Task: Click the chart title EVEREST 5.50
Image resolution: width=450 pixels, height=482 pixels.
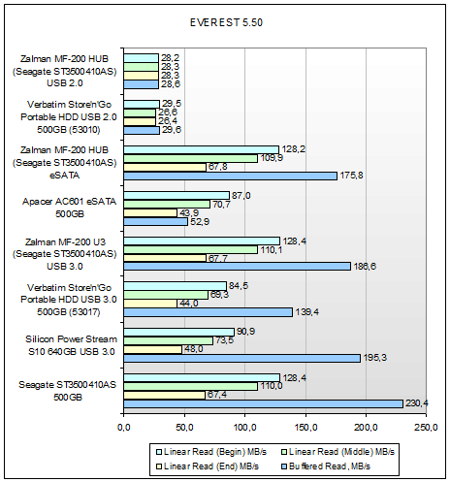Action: click(x=226, y=22)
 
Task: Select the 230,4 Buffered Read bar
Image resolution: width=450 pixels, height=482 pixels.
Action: click(x=263, y=403)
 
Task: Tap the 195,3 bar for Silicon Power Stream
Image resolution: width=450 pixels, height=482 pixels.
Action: click(x=241, y=358)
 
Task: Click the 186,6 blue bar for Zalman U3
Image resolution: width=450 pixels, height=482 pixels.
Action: click(x=237, y=267)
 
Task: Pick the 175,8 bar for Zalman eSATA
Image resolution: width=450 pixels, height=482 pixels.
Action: click(x=230, y=176)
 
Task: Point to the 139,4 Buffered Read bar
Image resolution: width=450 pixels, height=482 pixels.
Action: click(x=208, y=312)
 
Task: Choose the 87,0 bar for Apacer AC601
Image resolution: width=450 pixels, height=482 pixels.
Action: click(x=177, y=196)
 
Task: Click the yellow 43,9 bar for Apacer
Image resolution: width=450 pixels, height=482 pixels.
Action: click(x=150, y=213)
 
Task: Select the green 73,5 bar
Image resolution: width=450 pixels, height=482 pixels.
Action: click(x=168, y=340)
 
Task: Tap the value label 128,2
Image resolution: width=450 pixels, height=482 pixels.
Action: click(x=294, y=149)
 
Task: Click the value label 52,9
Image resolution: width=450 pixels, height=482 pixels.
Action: click(x=200, y=222)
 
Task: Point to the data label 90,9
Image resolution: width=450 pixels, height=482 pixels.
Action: click(x=245, y=332)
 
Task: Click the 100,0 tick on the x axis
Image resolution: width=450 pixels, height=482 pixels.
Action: click(x=244, y=428)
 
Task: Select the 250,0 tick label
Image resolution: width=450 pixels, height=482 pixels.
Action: click(x=426, y=428)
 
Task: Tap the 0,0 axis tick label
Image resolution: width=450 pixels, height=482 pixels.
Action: click(x=123, y=428)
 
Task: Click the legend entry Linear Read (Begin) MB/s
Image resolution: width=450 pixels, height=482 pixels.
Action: click(x=211, y=452)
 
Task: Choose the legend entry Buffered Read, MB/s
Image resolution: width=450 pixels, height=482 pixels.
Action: click(x=326, y=466)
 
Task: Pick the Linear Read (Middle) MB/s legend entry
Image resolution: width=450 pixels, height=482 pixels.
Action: click(x=337, y=452)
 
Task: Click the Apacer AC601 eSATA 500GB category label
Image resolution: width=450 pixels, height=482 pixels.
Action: click(x=69, y=208)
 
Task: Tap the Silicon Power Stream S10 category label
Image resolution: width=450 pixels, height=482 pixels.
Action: click(x=71, y=345)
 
